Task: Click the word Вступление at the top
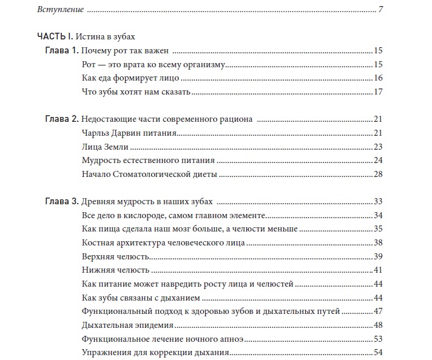tap(61, 10)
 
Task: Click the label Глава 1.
tap(61, 50)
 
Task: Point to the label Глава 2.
tap(61, 119)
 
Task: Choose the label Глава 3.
tap(61, 201)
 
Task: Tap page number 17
tap(378, 92)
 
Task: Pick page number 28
tap(378, 175)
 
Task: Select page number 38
tap(378, 242)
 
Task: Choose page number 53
tap(378, 339)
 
